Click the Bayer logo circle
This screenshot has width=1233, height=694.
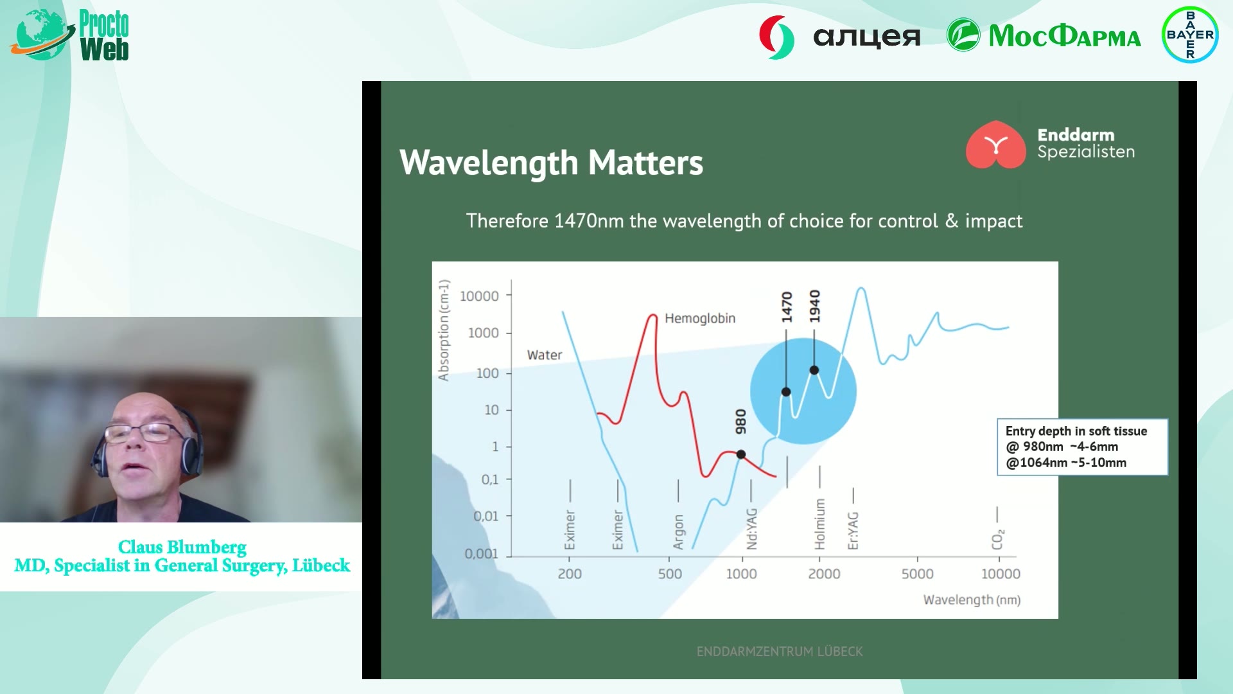coord(1190,35)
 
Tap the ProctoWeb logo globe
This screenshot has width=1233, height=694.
coord(40,35)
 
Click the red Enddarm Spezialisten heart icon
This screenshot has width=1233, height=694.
coord(995,145)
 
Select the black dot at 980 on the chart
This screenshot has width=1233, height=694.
coord(740,454)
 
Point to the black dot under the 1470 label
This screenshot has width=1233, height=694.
coord(786,392)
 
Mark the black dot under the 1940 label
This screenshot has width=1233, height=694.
coord(814,370)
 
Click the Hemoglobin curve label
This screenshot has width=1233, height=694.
coord(700,318)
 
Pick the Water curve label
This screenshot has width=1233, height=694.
coord(545,355)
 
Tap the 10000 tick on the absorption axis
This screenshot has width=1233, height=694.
coord(479,296)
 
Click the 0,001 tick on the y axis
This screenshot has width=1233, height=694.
coord(481,553)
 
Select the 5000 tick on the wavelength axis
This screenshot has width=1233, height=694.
coord(917,574)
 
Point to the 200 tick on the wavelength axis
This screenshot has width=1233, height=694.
coord(570,574)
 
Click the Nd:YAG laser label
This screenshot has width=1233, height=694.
coord(752,529)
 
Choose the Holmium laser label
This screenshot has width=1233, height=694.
coord(819,524)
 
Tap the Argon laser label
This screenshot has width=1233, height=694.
coord(678,532)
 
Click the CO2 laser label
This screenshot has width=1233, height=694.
coord(997,540)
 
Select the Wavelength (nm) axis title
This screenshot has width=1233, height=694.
coord(972,600)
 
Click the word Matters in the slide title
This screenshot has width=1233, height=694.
coord(645,163)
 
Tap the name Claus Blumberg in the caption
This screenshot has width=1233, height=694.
coord(182,547)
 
